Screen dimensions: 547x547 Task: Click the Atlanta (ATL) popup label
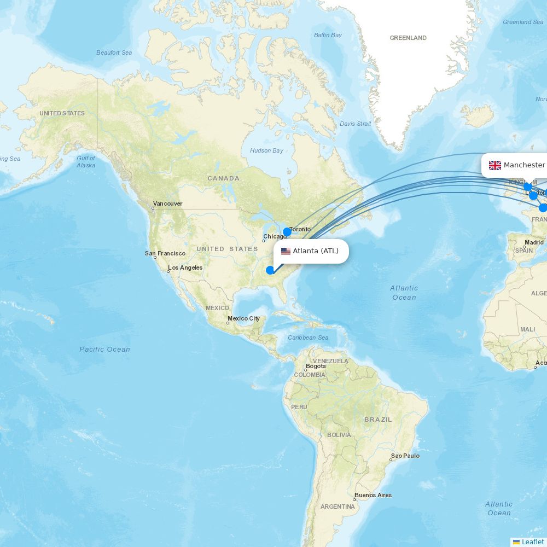316,251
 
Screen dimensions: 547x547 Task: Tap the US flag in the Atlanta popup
286,251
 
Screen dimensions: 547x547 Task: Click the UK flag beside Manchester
495,165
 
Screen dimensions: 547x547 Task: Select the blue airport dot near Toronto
287,231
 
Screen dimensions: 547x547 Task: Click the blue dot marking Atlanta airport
270,270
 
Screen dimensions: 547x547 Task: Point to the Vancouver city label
167,203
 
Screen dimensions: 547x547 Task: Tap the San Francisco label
165,253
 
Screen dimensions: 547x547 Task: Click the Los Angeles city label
185,267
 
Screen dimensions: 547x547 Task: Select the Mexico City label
243,318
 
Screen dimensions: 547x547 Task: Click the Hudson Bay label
267,150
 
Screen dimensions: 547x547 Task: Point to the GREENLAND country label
408,38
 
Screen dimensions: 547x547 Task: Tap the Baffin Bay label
328,35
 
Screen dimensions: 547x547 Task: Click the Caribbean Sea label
308,337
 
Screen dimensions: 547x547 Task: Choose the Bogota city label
316,366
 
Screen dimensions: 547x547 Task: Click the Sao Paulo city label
405,456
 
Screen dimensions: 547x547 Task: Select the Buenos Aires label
373,495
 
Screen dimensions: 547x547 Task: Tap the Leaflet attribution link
533,542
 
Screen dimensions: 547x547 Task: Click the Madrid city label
534,242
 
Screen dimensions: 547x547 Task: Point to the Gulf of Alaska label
86,162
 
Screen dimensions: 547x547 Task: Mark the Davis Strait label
356,124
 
